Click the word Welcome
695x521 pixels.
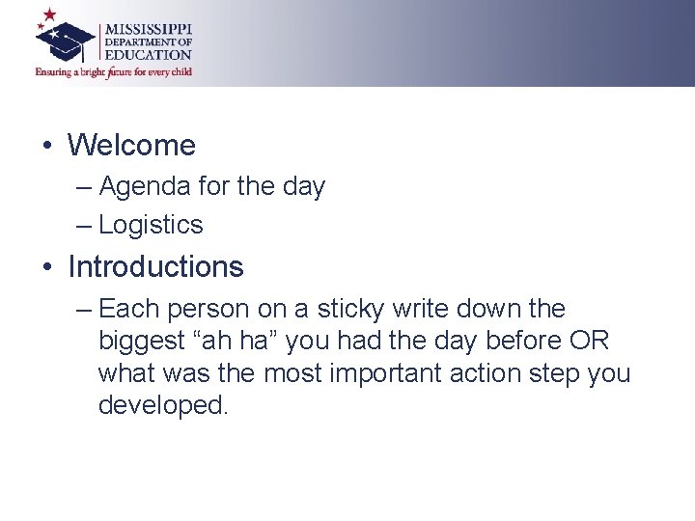[131, 146]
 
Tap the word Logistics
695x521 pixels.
[151, 225]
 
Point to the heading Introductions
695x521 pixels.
[155, 266]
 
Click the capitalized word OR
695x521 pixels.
[590, 342]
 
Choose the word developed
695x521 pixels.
[162, 405]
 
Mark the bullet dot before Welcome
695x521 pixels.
[46, 147]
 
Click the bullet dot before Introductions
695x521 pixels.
[46, 267]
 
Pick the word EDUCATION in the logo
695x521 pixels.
[148, 55]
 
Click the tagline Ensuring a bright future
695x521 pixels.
[114, 72]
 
